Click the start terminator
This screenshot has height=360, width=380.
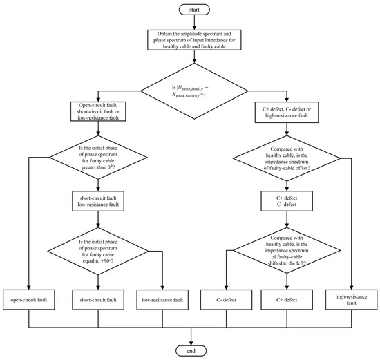point(194,10)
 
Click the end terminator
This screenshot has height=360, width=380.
point(191,351)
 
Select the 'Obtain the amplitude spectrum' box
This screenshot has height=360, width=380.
point(194,40)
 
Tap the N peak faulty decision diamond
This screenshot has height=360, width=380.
point(194,91)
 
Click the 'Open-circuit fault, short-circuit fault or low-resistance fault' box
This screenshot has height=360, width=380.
point(98,111)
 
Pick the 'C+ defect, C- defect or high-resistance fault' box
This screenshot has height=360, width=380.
point(287,112)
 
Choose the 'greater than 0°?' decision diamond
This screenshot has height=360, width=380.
point(98,158)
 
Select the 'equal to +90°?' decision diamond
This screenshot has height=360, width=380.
point(98,251)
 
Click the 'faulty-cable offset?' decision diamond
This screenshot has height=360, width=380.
point(287,158)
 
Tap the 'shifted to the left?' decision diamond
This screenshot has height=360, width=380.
point(287,250)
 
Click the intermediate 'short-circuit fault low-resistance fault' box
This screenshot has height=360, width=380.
point(98,201)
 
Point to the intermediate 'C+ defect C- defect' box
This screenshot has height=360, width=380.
point(287,201)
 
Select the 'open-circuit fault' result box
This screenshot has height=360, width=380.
point(29,300)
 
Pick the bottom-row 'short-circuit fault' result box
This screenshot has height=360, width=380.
point(98,300)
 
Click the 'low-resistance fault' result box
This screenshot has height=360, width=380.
point(162,300)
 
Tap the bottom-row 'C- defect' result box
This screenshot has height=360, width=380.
point(226,300)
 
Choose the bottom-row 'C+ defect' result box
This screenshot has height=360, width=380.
point(287,300)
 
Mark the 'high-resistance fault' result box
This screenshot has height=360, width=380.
point(352,300)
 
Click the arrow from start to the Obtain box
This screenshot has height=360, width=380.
point(194,22)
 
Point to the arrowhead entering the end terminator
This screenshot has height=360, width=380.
point(191,343)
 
